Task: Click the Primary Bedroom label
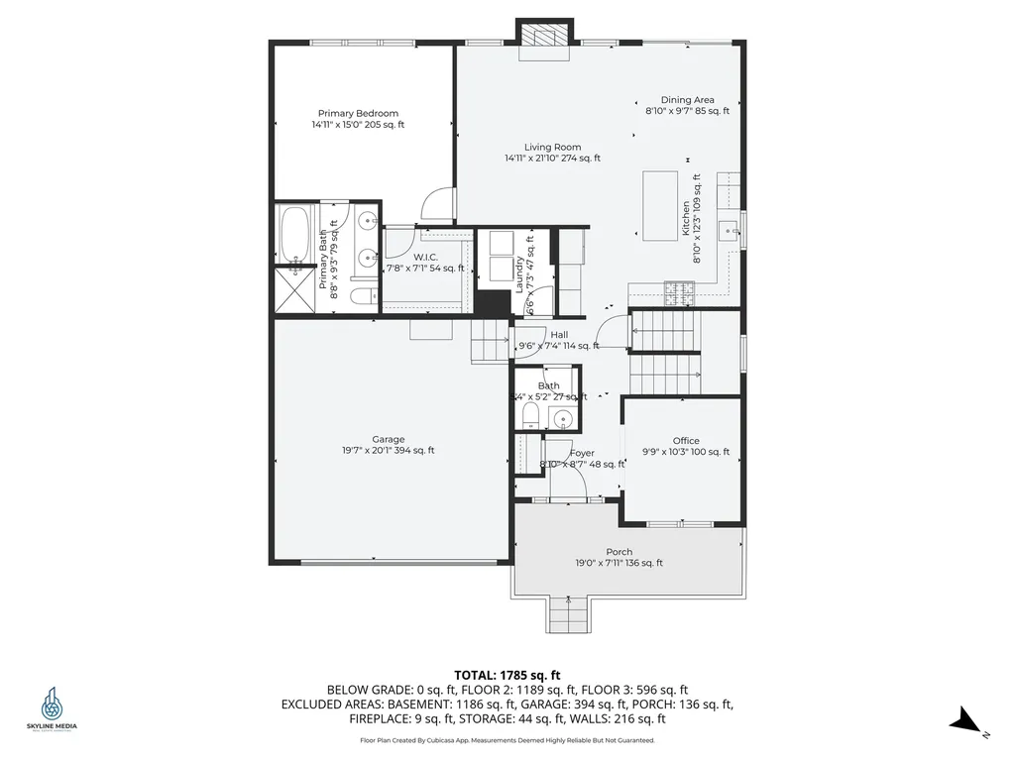(x=358, y=119)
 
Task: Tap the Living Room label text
(x=552, y=153)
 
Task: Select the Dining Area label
(x=687, y=105)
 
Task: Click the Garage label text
(x=388, y=445)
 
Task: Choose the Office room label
(x=686, y=446)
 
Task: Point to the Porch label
(x=620, y=557)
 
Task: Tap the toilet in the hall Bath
(x=530, y=416)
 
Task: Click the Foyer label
(x=582, y=458)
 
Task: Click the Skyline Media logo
(x=51, y=708)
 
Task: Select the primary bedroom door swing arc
(x=436, y=204)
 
